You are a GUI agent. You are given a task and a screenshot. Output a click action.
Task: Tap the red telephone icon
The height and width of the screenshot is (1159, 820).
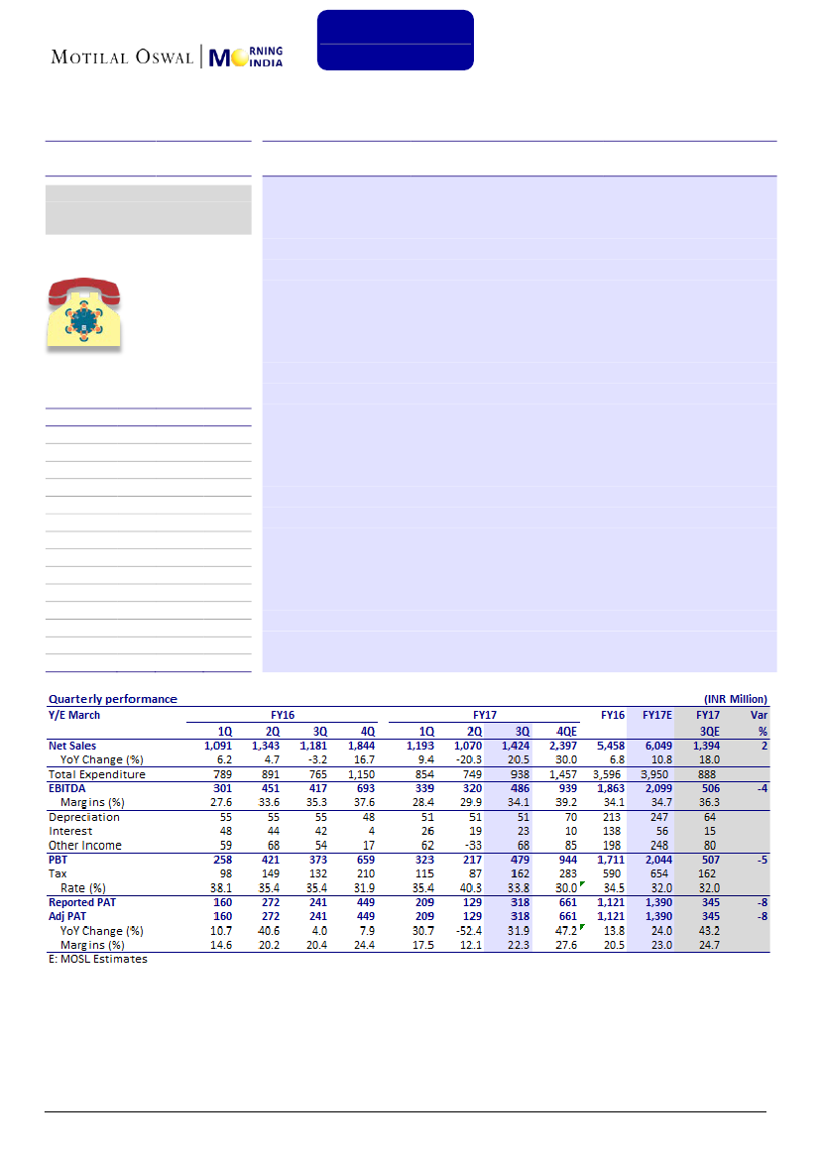[84, 313]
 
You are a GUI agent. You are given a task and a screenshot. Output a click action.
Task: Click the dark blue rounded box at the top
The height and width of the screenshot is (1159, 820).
[395, 40]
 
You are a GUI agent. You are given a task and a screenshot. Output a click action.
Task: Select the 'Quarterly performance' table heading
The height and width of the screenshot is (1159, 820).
[113, 699]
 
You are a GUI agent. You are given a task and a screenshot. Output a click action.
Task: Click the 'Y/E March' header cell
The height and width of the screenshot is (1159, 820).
[74, 714]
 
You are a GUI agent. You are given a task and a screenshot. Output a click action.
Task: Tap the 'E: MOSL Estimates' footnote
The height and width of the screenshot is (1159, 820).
[98, 959]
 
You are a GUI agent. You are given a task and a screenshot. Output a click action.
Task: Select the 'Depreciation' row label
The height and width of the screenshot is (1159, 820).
[84, 817]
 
